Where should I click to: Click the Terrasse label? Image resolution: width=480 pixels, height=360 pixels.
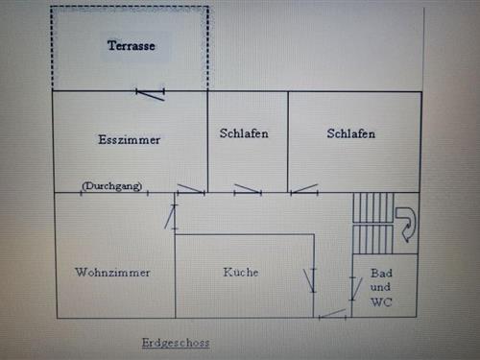pos(132,46)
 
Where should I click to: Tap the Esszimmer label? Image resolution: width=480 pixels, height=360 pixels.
pos(129,140)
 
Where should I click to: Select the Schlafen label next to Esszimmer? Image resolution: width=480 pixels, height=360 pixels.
pos(244,133)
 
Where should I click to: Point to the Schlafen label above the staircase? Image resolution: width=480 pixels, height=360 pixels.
pos(350,133)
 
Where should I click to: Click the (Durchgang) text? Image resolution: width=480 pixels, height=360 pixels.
pos(112,185)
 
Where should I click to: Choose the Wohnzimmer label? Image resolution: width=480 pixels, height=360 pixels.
pos(112,273)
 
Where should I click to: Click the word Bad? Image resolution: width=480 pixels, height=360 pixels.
pos(381,273)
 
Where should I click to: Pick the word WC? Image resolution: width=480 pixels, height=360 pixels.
pos(381,301)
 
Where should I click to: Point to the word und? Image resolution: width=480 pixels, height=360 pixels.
pos(381,287)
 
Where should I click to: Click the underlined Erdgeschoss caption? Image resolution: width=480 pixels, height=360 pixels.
pos(175,343)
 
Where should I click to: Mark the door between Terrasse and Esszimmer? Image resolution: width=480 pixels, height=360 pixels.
pos(150,94)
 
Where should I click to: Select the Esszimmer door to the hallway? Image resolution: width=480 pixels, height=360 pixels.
pos(190,189)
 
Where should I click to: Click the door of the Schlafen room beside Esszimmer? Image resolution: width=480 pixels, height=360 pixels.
pos(248,189)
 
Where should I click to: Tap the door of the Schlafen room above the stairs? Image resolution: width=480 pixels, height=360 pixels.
pos(304,189)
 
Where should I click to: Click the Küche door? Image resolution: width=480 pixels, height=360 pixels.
pos(309,279)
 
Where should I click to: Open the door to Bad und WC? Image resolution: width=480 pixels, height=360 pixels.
pos(334,312)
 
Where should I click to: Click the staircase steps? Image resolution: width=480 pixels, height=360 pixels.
pos(373,223)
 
